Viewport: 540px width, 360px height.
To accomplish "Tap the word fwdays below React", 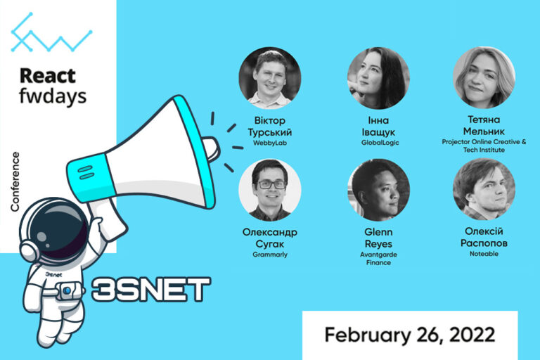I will [x=53, y=95].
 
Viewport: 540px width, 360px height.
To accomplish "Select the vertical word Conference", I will [x=15, y=181].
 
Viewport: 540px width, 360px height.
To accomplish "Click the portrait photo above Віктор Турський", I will [x=269, y=78].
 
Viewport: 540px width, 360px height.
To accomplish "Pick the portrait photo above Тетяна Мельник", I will [x=484, y=78].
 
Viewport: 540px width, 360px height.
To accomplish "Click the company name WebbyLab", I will [x=269, y=142].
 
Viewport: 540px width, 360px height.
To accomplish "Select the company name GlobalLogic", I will [x=378, y=142].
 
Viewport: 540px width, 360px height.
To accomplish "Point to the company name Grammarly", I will [x=269, y=254].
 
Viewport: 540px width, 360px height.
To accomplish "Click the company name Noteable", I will [x=484, y=254].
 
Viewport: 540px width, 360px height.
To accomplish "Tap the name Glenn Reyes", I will [x=378, y=238].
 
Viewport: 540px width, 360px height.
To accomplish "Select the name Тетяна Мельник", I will [x=484, y=126].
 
